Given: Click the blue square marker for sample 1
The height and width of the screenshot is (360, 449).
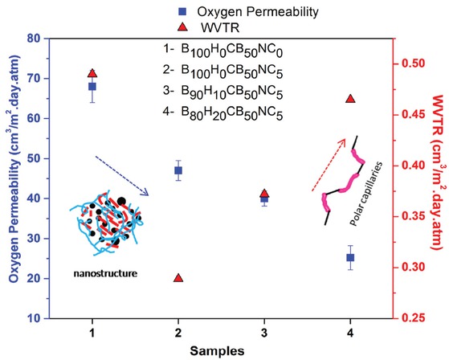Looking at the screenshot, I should (x=92, y=86).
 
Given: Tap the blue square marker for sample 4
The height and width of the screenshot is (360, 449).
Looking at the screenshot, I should (x=350, y=258).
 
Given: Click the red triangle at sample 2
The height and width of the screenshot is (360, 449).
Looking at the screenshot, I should (x=178, y=277).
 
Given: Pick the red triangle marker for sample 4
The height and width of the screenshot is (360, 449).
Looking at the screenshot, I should (x=350, y=99).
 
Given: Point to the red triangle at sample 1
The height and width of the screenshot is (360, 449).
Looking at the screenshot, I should (x=92, y=74).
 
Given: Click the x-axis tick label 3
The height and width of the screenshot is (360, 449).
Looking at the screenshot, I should (x=264, y=332).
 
